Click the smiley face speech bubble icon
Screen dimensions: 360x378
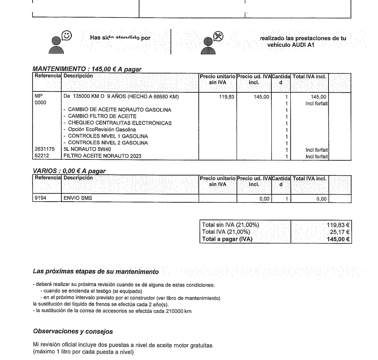67,35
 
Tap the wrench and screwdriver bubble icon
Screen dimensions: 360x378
218,36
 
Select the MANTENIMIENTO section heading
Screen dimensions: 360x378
87,69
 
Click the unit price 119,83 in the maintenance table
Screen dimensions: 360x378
226,97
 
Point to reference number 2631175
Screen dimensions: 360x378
45,149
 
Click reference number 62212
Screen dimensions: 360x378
42,155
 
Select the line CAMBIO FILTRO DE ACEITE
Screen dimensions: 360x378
102,116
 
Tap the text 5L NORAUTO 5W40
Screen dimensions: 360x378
87,149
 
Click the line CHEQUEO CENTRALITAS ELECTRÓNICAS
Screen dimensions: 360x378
120,123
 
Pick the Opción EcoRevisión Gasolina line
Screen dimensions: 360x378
102,130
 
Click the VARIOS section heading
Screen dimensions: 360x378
69,171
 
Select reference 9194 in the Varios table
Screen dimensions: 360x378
40,198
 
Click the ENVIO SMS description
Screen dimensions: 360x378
78,198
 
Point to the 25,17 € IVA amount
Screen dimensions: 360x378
339,232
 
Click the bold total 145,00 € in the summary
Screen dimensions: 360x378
338,239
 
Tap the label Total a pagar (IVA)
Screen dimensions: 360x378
227,239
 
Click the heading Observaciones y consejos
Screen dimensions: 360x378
73,331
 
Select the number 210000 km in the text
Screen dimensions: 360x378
178,311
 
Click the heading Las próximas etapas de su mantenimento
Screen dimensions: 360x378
96,271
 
